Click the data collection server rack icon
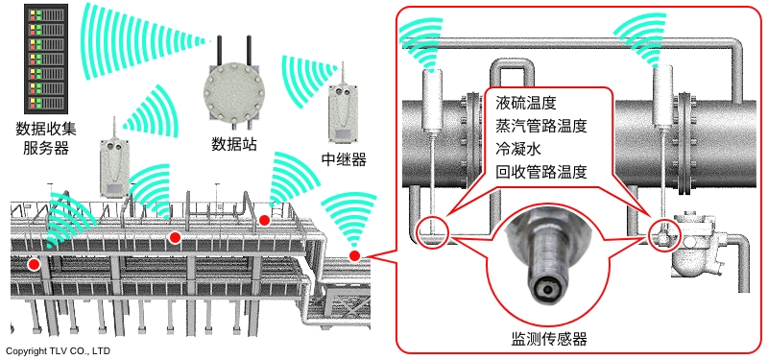[44, 58]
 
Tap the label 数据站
[234, 144]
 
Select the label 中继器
[344, 159]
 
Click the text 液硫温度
[525, 104]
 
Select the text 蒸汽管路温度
[540, 127]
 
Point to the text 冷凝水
[517, 150]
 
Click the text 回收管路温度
[540, 173]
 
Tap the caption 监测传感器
[548, 339]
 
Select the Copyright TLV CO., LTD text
[59, 350]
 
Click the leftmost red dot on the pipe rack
[34, 265]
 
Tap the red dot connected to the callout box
[354, 255]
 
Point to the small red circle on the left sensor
[431, 230]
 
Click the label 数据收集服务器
[45, 138]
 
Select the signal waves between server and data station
[142, 41]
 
